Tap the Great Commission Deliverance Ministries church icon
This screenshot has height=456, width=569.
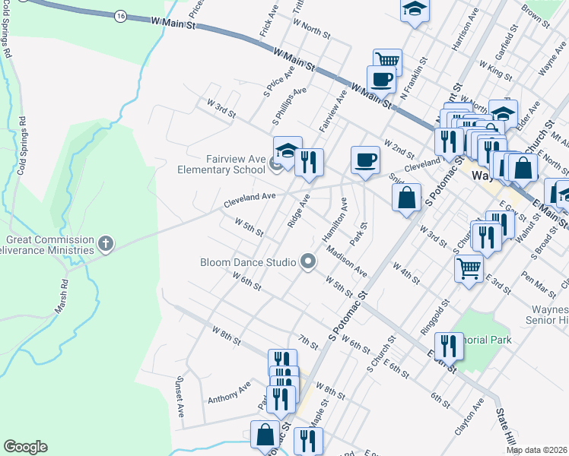(x=106, y=244)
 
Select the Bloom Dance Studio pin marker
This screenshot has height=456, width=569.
(x=308, y=262)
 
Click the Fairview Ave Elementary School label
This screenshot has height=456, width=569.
(x=221, y=164)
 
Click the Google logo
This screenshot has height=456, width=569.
(x=25, y=447)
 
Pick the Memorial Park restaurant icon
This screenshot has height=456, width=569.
(x=449, y=346)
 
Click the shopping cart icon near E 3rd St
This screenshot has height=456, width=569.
(x=469, y=267)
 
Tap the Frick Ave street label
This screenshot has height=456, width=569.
(x=269, y=26)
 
